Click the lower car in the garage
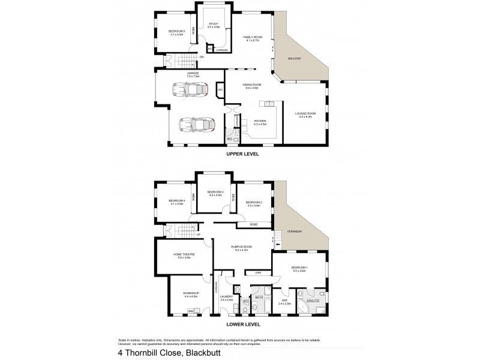pos(197,124)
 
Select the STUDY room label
pos(214,25)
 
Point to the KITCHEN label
pos(260,122)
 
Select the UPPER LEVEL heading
pos(242,154)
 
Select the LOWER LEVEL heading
pos(242,325)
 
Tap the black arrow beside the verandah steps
pos(277,244)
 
